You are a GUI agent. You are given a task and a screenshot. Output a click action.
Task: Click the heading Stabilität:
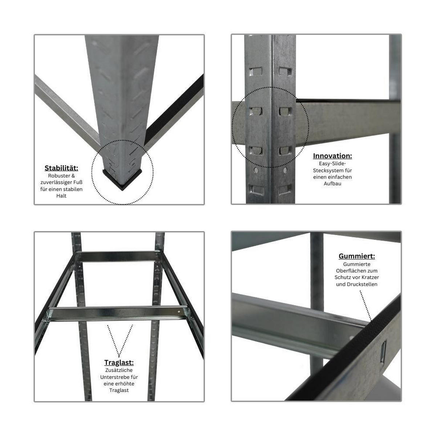(x=61, y=168)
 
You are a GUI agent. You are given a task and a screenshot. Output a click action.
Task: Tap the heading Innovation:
(x=332, y=156)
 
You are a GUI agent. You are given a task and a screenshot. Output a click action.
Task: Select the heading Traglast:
(x=119, y=363)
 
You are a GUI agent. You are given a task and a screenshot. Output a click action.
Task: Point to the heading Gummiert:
(x=356, y=256)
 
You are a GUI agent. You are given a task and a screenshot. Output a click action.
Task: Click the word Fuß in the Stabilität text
(x=78, y=182)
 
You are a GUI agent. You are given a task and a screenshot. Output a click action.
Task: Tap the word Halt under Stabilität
(x=61, y=196)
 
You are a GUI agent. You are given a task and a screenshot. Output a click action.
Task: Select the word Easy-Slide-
(x=332, y=163)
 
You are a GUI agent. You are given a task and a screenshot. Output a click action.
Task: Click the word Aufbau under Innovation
(x=332, y=183)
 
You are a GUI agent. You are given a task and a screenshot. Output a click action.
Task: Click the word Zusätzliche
(x=119, y=370)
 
